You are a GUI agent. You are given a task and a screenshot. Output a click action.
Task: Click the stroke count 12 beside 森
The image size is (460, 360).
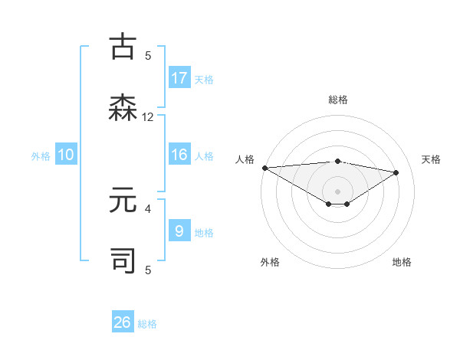(x=148, y=117)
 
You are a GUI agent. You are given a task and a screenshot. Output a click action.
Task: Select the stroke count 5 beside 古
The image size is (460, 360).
(x=148, y=56)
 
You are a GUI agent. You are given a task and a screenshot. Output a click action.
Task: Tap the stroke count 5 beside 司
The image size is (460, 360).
(x=148, y=270)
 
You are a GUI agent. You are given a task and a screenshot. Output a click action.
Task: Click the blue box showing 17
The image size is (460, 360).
(x=179, y=78)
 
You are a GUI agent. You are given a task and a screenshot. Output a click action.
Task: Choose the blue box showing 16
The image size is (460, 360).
(x=179, y=155)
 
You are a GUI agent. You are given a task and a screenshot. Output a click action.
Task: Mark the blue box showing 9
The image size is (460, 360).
(x=179, y=231)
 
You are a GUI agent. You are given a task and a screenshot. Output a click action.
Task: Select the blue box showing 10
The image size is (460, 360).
(x=66, y=155)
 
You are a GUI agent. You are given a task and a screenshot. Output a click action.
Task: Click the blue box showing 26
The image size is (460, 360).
(x=123, y=322)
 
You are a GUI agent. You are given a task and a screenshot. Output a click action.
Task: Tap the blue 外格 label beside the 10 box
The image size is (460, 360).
(x=41, y=155)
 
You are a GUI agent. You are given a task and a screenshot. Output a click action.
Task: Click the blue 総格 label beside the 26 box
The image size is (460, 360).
(x=147, y=324)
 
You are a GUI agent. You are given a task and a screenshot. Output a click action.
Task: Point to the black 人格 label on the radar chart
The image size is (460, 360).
(x=245, y=159)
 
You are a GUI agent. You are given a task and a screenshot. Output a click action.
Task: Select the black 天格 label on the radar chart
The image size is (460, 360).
(x=431, y=159)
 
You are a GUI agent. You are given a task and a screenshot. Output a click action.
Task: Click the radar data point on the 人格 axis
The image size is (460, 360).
(x=264, y=168)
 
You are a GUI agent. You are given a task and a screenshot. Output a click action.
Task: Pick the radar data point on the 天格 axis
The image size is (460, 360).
(x=396, y=172)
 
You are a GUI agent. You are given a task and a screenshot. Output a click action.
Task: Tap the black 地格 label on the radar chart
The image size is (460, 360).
(x=402, y=262)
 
